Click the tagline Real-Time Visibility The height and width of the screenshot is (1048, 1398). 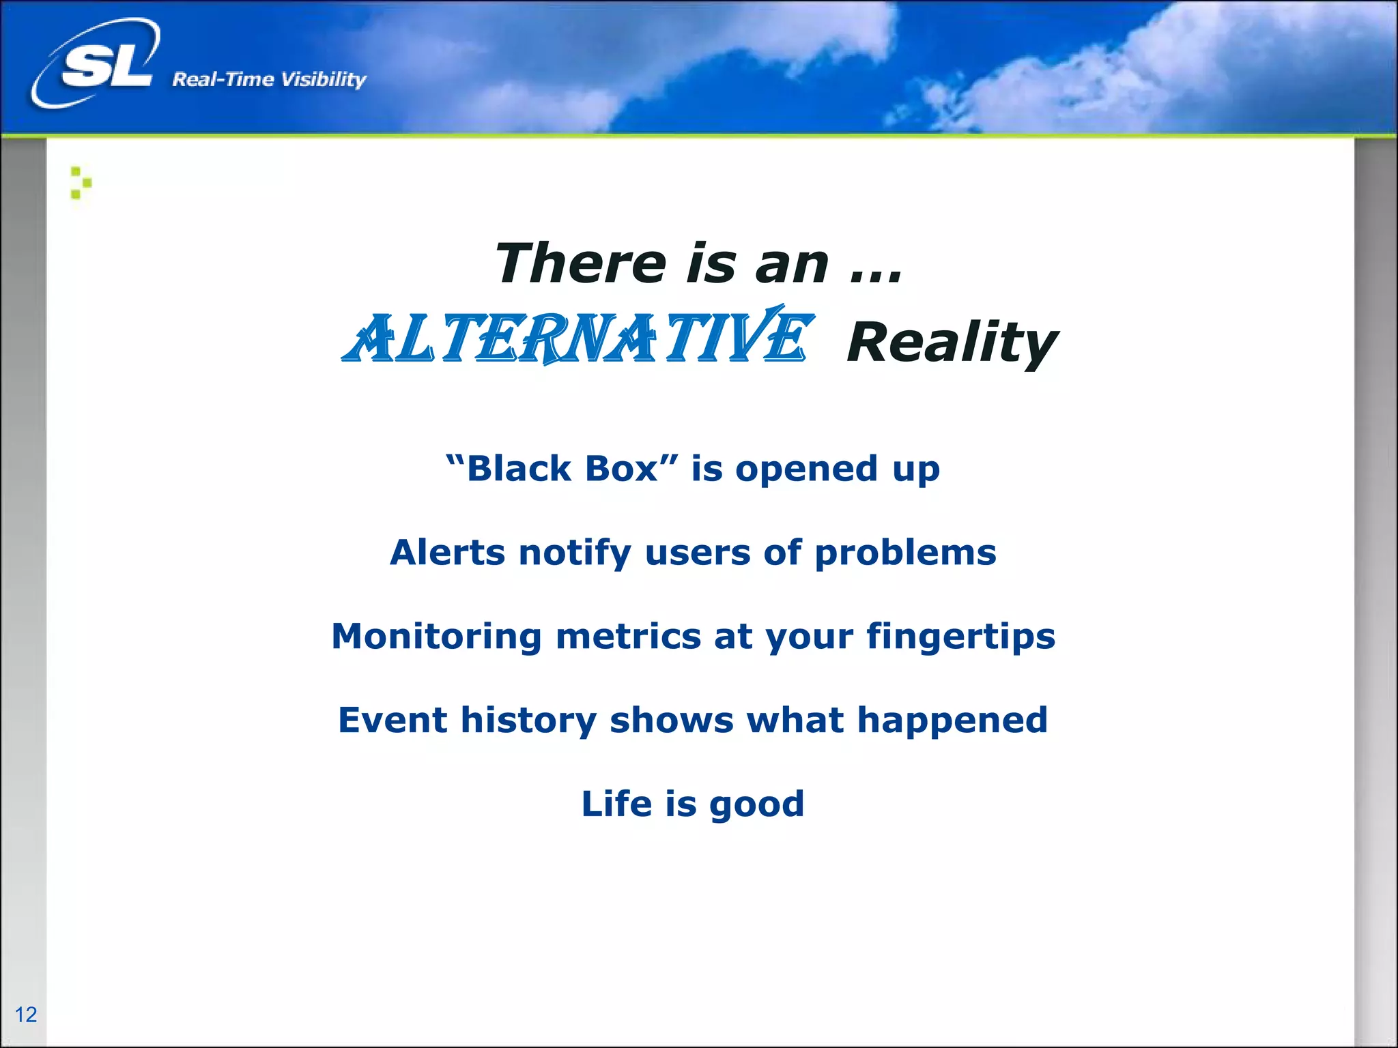[x=269, y=79]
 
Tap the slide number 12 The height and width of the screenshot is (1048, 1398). [x=26, y=1014]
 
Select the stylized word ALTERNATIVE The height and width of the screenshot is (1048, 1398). [x=577, y=337]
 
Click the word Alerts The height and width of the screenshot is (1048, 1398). [x=447, y=552]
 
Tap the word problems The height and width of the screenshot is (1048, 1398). [x=905, y=553]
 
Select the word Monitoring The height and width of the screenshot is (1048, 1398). [x=437, y=637]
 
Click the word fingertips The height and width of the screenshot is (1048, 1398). [x=960, y=637]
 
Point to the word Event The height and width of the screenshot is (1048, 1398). [x=393, y=720]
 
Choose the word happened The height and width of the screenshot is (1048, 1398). [x=952, y=720]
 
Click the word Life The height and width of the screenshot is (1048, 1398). [x=616, y=803]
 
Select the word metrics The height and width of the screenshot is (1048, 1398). [x=628, y=636]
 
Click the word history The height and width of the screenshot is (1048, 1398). [x=528, y=720]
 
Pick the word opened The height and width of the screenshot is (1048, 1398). [x=806, y=469]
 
